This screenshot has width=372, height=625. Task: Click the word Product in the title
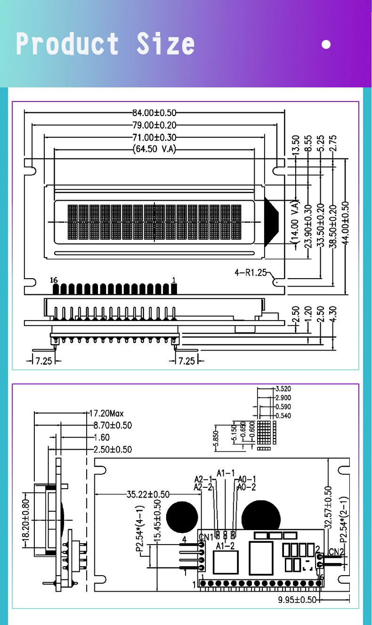click(67, 44)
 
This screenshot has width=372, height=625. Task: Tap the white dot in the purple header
click(326, 45)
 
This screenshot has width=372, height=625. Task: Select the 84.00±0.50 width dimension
click(154, 113)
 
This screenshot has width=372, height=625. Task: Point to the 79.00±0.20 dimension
click(154, 125)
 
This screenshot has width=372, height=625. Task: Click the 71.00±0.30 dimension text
click(154, 138)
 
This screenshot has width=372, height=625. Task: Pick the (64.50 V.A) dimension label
click(155, 150)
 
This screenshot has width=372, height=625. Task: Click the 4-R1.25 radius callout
click(251, 272)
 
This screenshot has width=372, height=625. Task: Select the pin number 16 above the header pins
click(54, 280)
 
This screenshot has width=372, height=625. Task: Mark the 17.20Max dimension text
click(106, 414)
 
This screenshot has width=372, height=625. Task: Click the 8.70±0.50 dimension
click(112, 426)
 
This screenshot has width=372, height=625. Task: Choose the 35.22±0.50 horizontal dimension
click(148, 494)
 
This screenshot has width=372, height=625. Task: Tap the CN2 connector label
click(336, 552)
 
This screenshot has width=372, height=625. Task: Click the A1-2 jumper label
click(225, 546)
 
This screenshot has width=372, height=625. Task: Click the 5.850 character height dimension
click(217, 439)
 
